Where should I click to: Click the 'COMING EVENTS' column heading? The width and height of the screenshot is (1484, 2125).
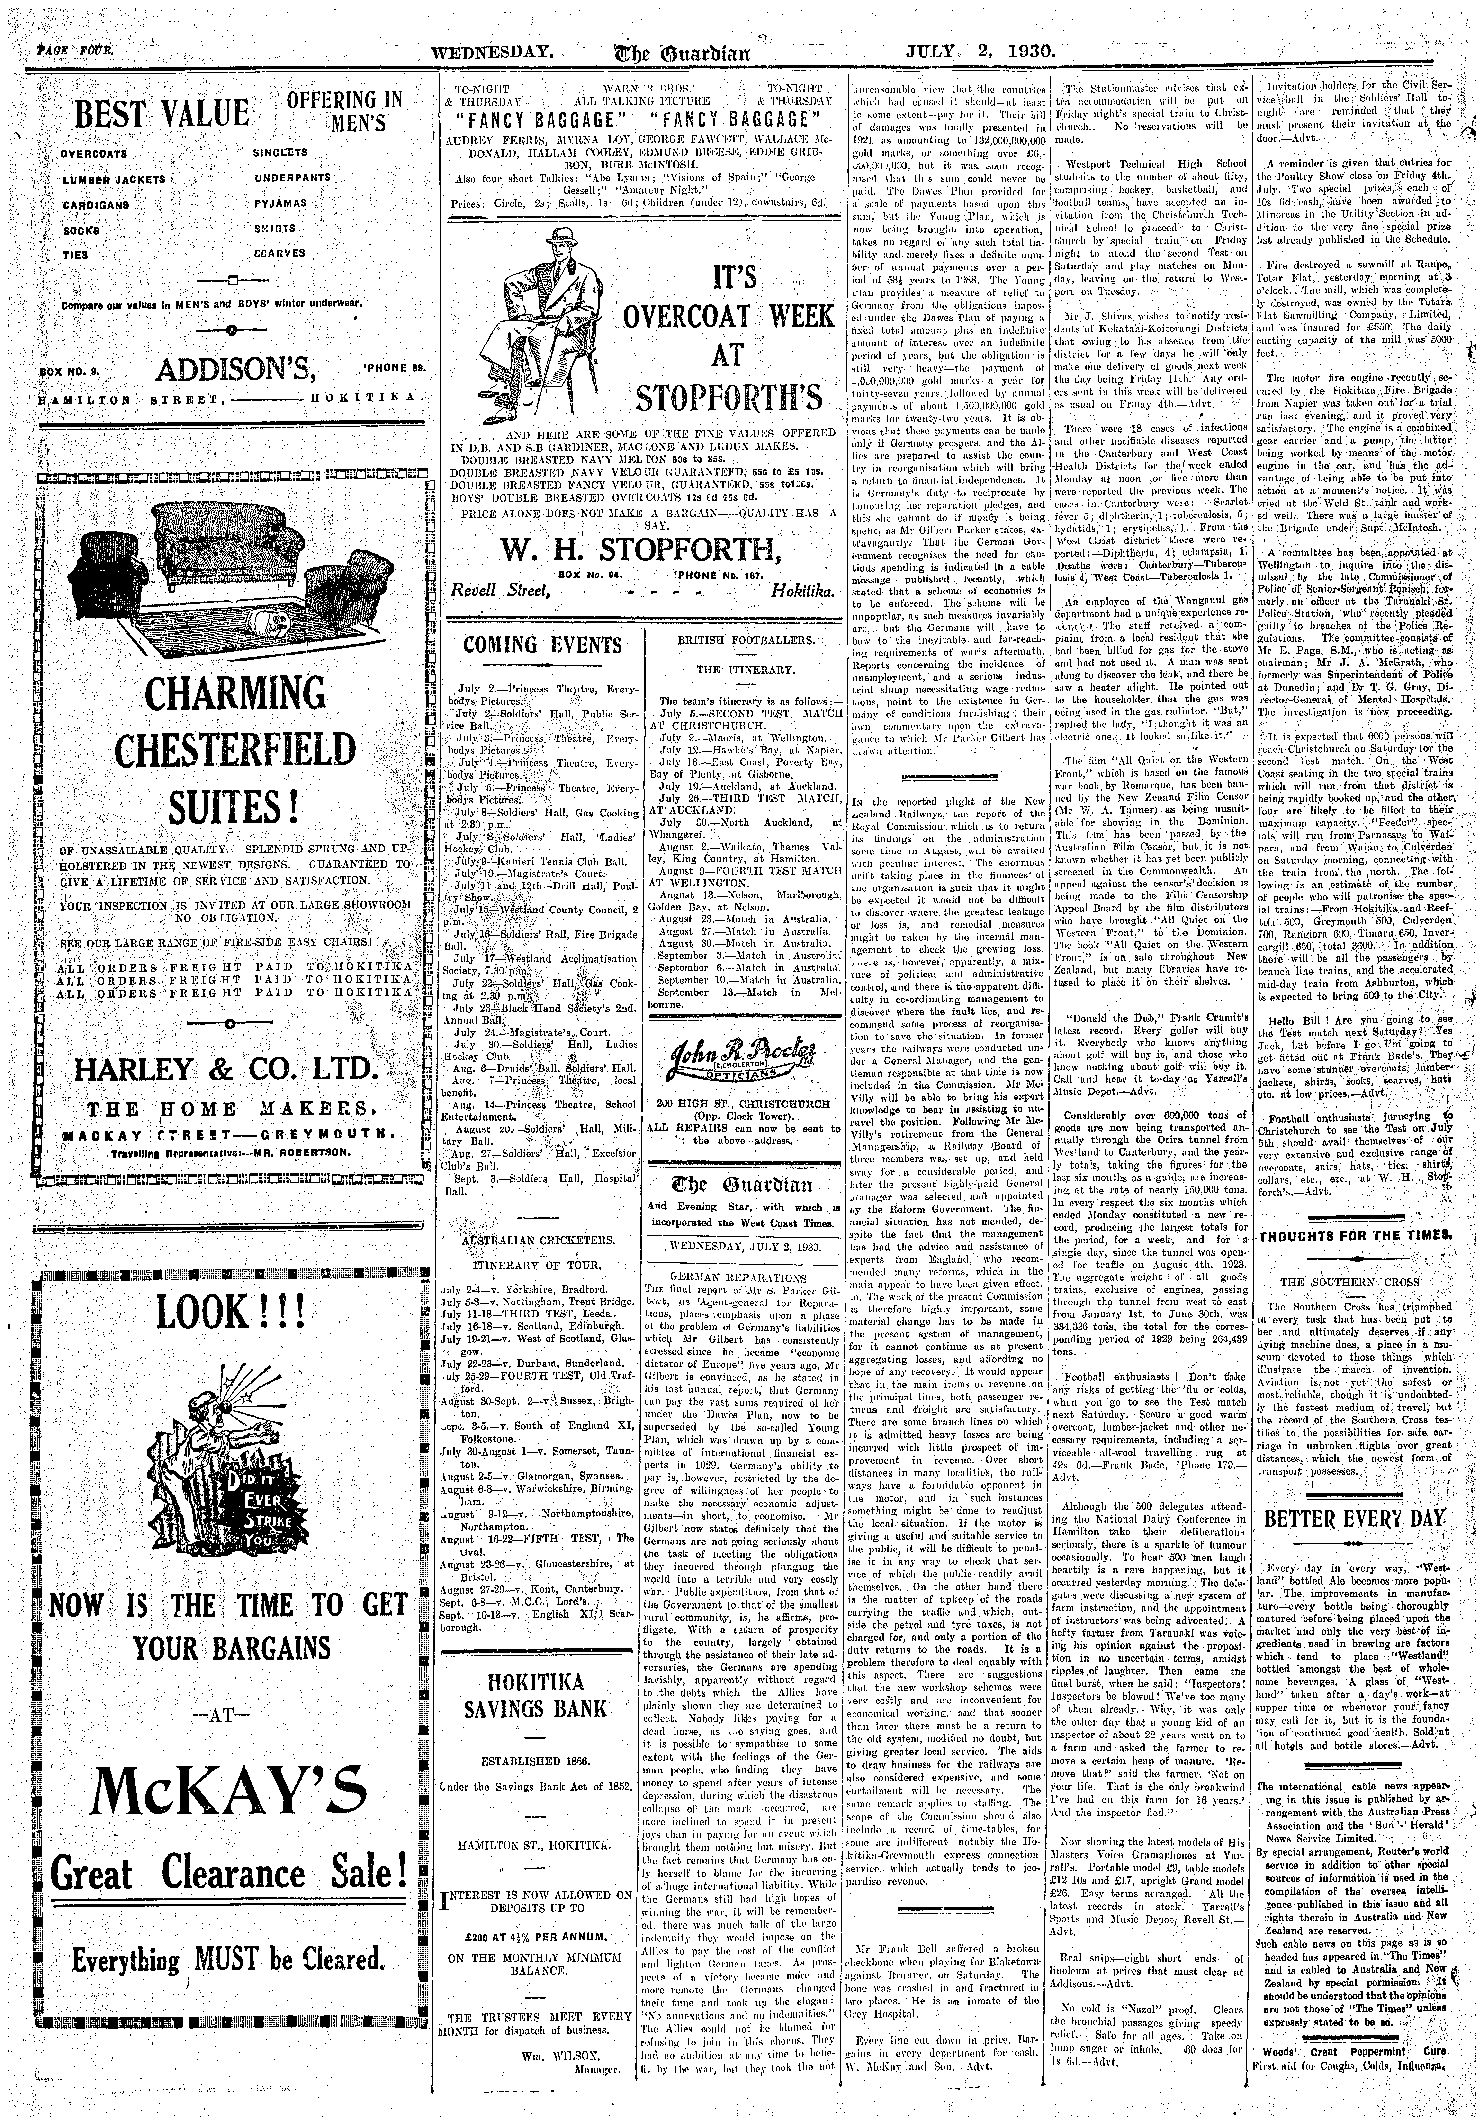(542, 645)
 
